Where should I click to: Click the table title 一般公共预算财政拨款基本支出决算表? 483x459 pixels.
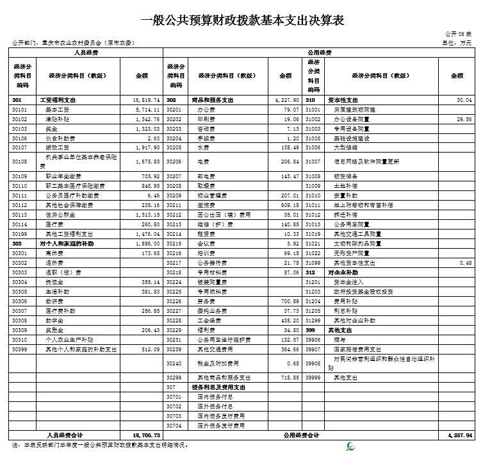[241, 21]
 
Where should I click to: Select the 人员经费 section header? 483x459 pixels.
[86, 51]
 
